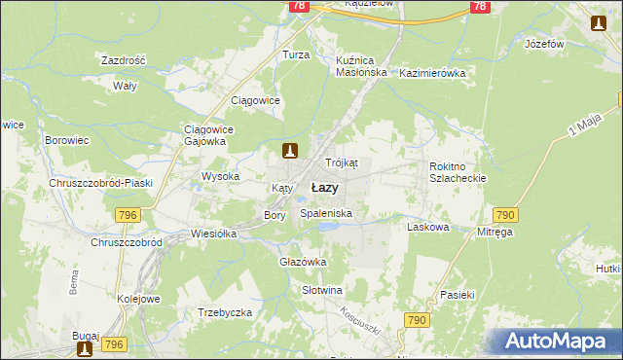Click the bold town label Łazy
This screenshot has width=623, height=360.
tap(325, 187)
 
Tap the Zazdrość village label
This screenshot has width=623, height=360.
tap(123, 60)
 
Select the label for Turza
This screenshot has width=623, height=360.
tap(296, 55)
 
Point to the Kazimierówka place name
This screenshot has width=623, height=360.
tap(433, 73)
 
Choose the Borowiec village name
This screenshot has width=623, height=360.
tap(67, 140)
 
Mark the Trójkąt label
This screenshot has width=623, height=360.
tap(342, 162)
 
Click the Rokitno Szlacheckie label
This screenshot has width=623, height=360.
tap(458, 172)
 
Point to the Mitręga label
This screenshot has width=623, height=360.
tap(495, 233)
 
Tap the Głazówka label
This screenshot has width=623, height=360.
tap(303, 262)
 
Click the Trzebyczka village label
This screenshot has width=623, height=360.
tap(225, 312)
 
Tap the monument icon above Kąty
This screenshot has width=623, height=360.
tap(289, 150)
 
